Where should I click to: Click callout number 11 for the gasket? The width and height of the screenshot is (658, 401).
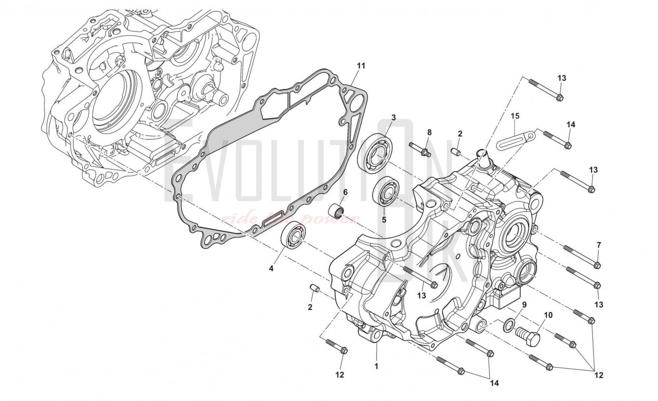pos(361,66)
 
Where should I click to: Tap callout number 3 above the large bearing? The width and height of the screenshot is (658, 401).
pos(393,117)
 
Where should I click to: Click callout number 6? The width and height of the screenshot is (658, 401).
pos(345,192)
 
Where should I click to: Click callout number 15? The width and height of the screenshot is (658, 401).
pos(515,116)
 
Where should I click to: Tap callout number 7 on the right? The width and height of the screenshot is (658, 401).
pos(599,245)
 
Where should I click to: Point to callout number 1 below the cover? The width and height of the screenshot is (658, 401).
pos(376,366)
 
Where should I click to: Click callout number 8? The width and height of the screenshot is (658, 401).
pos(429,132)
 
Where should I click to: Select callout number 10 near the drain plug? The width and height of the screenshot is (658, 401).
pos(548,315)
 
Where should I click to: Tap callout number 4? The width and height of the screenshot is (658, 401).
pos(271,269)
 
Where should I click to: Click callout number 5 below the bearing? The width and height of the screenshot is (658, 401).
pos(384,219)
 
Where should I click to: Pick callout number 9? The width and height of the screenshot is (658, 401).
pos(524,305)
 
